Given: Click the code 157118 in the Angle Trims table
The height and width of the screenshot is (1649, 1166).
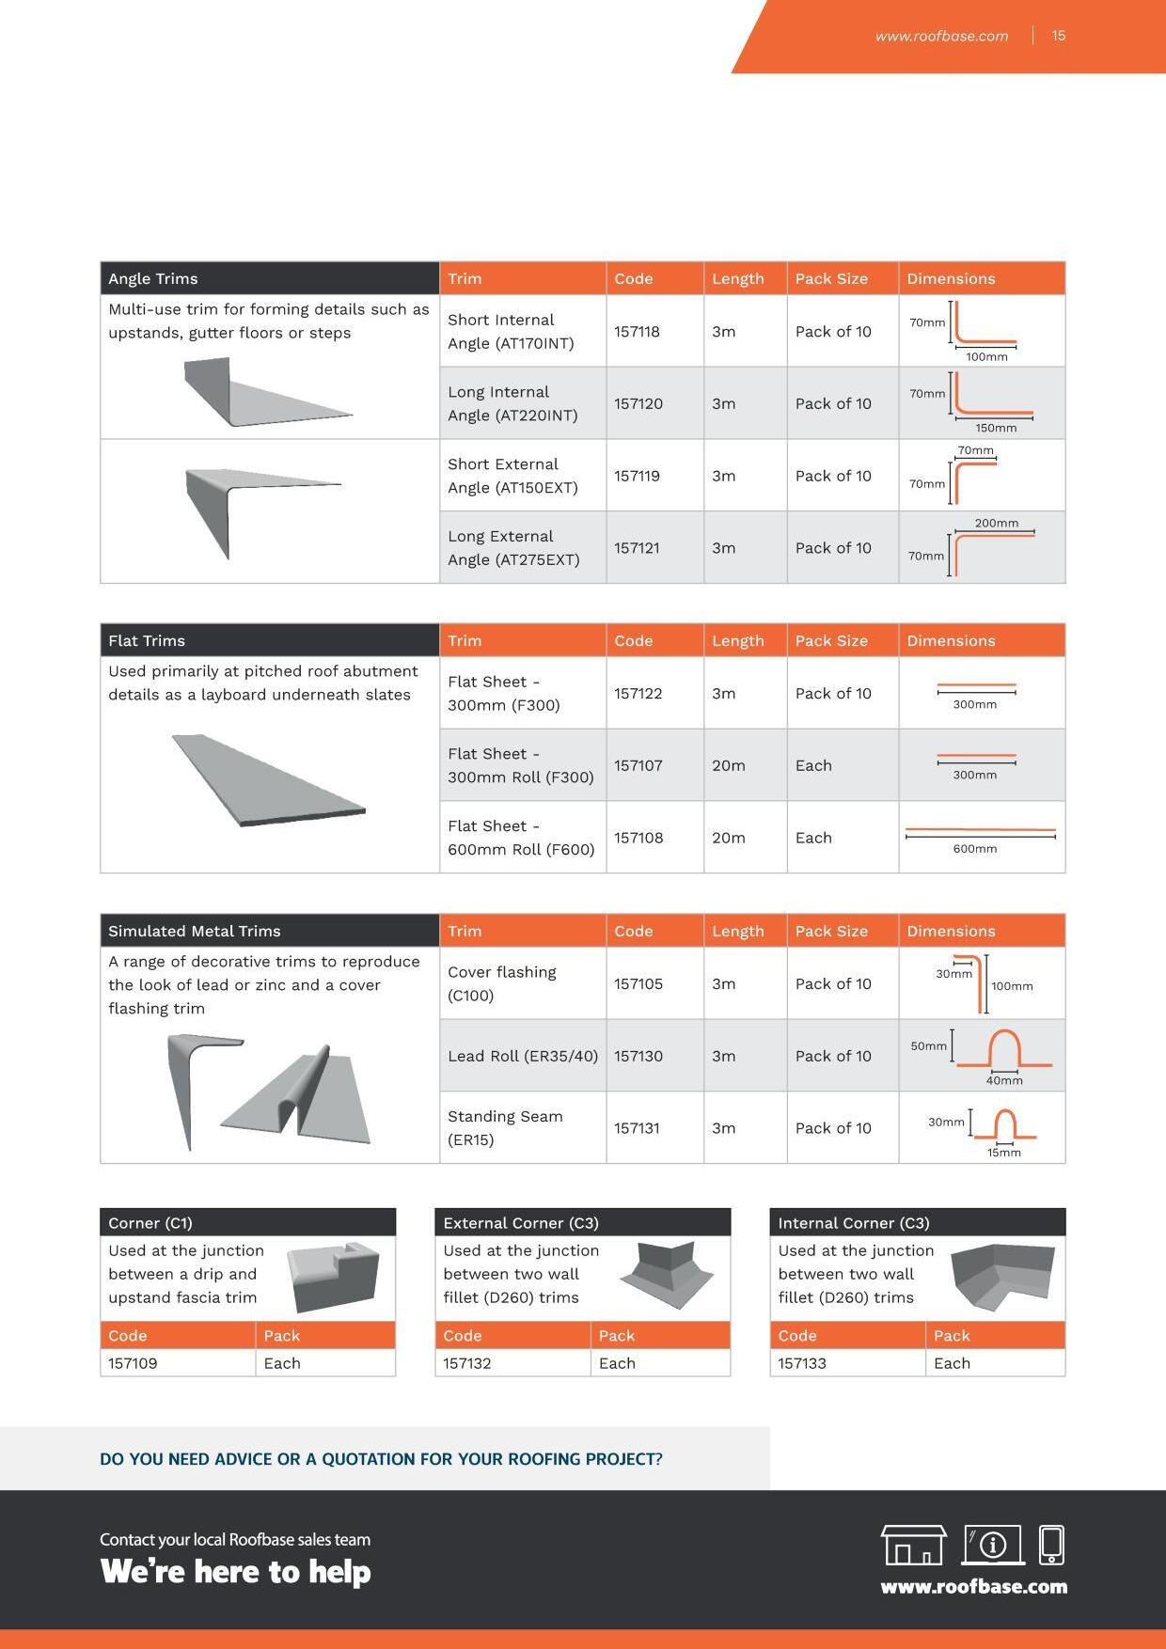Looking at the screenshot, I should pos(637,332).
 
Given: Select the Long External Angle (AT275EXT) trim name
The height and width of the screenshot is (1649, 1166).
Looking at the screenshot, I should pos(512,548).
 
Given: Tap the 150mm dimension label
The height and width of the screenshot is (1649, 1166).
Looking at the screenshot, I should pos(996,428).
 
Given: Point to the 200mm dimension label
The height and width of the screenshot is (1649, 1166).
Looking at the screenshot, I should pos(996,523).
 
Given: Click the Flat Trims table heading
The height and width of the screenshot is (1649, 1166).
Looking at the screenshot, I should pos(147,640).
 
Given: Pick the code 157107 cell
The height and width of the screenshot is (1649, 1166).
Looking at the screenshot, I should pos(638,765).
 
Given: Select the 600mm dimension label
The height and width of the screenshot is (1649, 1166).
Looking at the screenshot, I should pos(974,848).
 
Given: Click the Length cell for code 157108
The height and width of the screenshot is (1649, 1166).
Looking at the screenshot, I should pos(728,838).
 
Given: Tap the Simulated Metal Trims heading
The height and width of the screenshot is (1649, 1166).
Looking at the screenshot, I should pos(194,931).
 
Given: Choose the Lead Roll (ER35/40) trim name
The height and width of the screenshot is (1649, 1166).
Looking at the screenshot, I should pos(522,1056).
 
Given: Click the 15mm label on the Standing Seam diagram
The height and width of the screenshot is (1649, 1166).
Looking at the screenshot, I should pos(1003,1153).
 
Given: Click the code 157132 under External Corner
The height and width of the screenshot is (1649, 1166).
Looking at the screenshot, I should pos(466,1363).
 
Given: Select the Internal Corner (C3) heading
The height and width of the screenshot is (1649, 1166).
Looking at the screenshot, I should pos(853,1223).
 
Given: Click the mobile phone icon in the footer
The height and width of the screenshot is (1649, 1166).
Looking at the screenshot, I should pos(1051,1544).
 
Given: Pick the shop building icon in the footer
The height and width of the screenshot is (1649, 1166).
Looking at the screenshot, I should pos(912,1545).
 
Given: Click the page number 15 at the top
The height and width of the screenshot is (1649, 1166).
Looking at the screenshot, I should pos(1058,36).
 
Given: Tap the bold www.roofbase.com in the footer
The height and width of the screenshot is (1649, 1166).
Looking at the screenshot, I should pos(973,1587).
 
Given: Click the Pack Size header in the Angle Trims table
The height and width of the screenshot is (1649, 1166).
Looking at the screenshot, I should pos(831,279).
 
